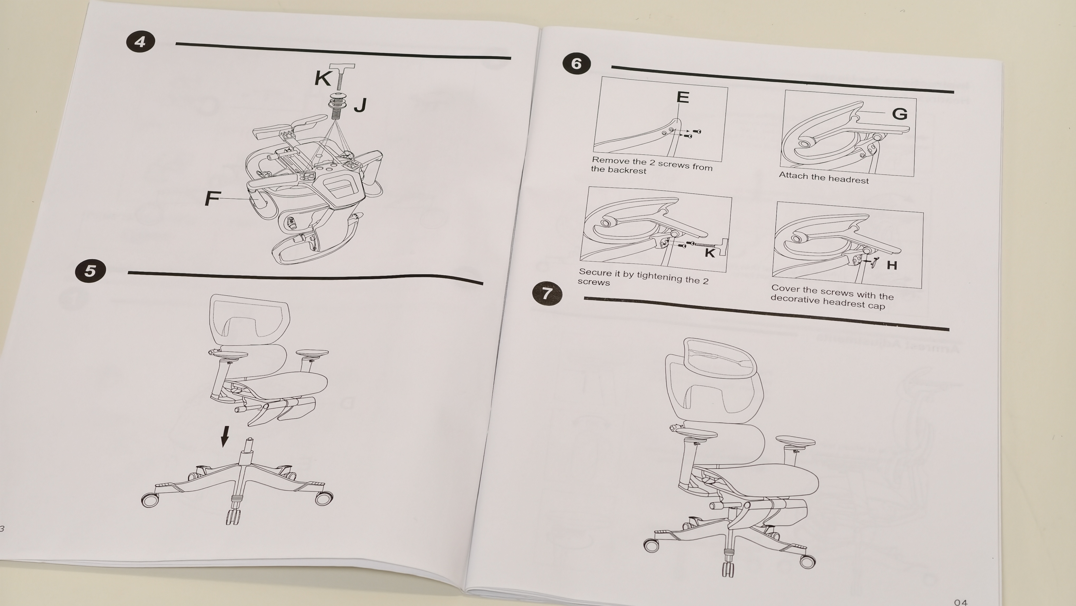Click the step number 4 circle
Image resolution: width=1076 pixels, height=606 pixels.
(x=140, y=41)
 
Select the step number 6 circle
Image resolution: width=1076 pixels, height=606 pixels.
(x=577, y=64)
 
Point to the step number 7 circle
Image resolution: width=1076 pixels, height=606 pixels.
(x=547, y=293)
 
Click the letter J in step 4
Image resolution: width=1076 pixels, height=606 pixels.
(x=360, y=105)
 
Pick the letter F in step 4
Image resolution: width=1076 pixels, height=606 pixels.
(x=212, y=198)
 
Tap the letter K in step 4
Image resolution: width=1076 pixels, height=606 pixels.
(x=323, y=78)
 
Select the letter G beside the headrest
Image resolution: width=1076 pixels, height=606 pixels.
(x=900, y=114)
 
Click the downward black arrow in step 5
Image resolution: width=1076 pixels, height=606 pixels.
(x=225, y=436)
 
